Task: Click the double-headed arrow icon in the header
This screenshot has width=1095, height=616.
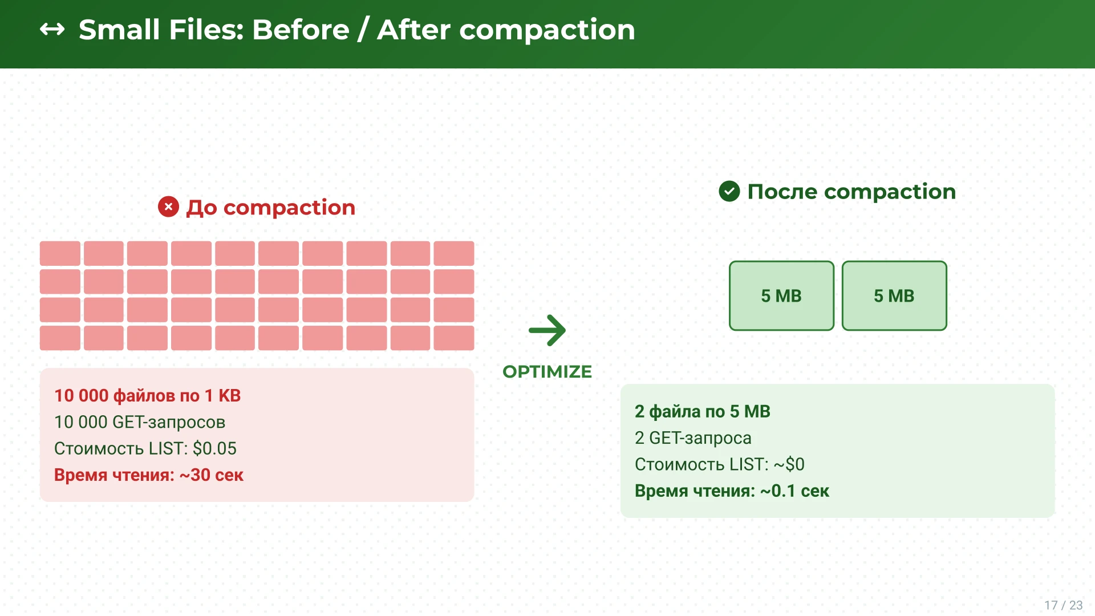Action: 52,29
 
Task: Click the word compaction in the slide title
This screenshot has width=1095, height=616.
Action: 547,30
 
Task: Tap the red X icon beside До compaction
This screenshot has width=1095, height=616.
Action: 168,206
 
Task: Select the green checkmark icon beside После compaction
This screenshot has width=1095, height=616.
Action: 729,191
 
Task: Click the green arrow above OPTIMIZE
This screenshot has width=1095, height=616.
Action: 547,330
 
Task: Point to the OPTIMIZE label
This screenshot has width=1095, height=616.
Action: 547,372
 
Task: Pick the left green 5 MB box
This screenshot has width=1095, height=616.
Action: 781,295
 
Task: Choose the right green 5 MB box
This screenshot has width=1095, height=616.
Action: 894,295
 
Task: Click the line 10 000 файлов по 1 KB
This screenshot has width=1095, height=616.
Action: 147,395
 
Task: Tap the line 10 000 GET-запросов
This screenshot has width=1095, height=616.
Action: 140,422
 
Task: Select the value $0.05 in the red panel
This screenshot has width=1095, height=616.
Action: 214,448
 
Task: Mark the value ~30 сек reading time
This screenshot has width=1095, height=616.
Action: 212,475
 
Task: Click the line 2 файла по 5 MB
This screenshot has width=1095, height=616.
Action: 703,411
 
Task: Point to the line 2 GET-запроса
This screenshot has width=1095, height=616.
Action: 693,438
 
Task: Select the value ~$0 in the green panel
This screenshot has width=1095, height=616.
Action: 789,464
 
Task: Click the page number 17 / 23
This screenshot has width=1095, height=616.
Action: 1064,605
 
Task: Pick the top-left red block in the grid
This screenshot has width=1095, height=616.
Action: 60,253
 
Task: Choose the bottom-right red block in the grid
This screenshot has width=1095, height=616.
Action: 454,338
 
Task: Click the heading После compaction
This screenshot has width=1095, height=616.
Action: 851,192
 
